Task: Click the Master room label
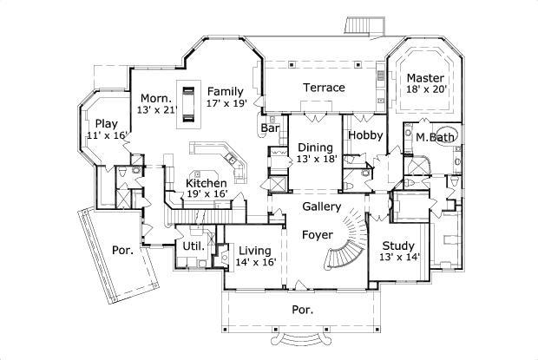click(x=425, y=77)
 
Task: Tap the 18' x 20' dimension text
click(x=425, y=89)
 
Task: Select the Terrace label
click(x=324, y=88)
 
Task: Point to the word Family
click(x=224, y=91)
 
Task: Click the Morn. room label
click(x=155, y=98)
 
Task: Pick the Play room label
click(x=106, y=122)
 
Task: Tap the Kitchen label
click(x=207, y=183)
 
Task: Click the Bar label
click(x=270, y=128)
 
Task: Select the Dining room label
click(x=315, y=147)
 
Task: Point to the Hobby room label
click(x=365, y=136)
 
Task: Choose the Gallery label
click(x=320, y=206)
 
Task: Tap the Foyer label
click(x=316, y=235)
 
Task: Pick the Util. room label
click(x=193, y=245)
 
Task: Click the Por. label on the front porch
click(x=301, y=309)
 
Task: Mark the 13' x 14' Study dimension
click(x=400, y=258)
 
